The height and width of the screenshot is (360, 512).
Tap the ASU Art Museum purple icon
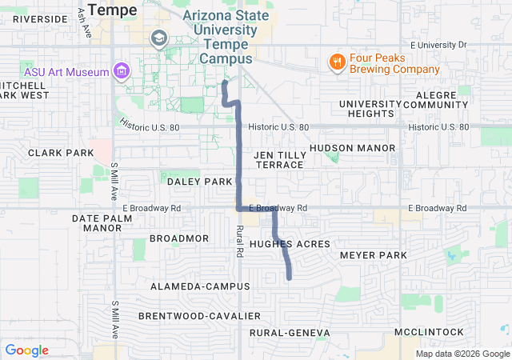tap(121, 72)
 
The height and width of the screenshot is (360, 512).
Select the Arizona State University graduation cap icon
tap(158, 38)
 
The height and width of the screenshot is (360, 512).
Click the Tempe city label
tap(114, 10)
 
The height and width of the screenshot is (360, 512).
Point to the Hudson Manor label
tap(352, 148)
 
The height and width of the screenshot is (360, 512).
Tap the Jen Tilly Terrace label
tap(279, 159)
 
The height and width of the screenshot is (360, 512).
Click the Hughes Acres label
tap(290, 243)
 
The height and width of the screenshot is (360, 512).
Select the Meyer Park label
tap(374, 255)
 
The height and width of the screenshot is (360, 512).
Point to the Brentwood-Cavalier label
tap(199, 316)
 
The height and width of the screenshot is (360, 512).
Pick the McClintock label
tap(429, 332)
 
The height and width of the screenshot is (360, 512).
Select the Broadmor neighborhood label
tap(179, 238)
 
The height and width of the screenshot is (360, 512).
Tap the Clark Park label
tap(61, 152)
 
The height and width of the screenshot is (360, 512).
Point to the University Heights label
tap(370, 109)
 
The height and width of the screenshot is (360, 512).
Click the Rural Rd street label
tap(239, 240)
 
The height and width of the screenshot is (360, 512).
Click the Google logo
tap(26, 350)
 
